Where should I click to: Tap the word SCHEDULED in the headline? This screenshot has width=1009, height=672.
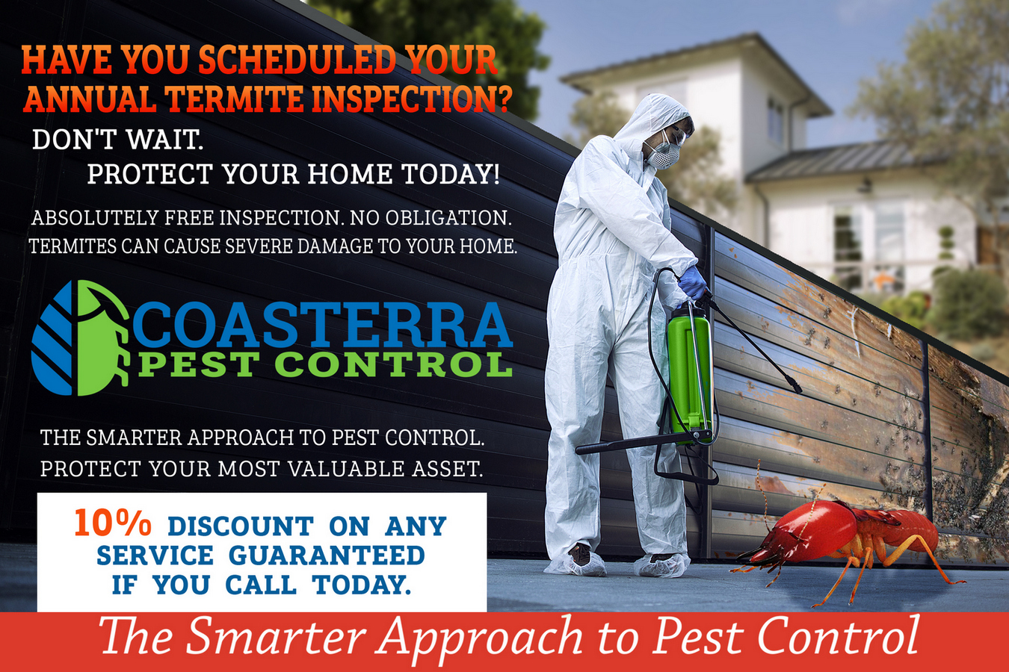(x=296, y=60)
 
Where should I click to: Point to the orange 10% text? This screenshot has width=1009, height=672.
(x=112, y=523)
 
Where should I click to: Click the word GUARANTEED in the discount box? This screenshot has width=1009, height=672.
(x=327, y=556)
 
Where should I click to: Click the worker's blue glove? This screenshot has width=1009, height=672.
(x=693, y=283)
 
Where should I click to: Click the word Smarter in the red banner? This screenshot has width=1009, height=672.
(x=275, y=638)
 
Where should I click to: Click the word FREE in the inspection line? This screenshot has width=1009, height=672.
(x=190, y=218)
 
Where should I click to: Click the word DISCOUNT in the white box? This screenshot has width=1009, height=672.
(x=241, y=526)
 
